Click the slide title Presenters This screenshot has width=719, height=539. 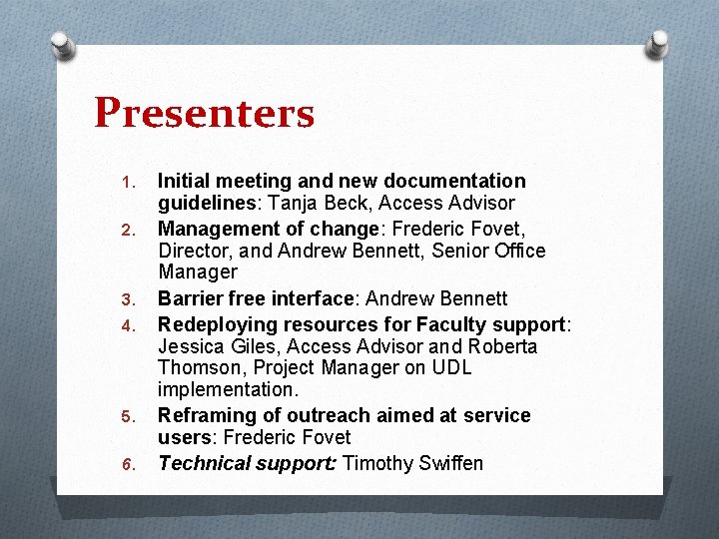204,114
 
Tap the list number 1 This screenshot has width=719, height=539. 126,183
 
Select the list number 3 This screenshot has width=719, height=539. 126,299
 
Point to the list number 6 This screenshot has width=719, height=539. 126,464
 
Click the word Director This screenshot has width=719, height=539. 193,250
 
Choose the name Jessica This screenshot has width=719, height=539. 193,346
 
